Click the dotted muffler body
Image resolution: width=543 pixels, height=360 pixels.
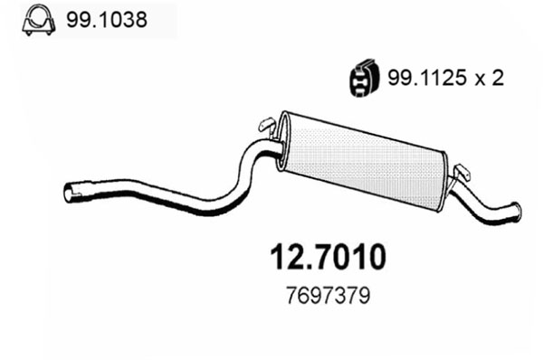367,160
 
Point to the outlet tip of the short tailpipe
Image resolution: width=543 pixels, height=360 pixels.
515,212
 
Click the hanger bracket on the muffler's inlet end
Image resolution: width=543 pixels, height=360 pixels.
266,125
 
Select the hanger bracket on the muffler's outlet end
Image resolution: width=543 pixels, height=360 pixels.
461,171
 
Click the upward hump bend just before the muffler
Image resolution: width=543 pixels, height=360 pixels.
258,154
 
